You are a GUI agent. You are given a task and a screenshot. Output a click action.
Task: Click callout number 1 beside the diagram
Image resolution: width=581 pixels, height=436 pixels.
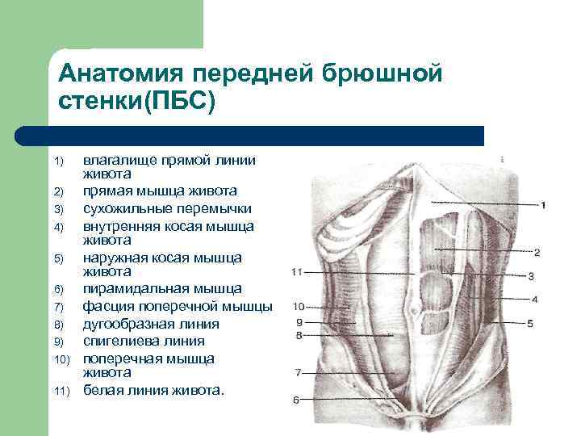tap(543, 205)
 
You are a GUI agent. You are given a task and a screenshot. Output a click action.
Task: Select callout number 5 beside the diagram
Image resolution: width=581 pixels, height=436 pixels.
tap(530, 324)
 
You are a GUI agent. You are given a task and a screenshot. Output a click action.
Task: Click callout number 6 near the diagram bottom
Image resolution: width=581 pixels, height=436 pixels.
tap(296, 400)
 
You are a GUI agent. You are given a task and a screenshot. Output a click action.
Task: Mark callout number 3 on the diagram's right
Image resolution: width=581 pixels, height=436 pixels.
tap(531, 276)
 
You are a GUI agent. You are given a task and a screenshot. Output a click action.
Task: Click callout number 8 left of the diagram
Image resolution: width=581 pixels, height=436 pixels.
tap(299, 334)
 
